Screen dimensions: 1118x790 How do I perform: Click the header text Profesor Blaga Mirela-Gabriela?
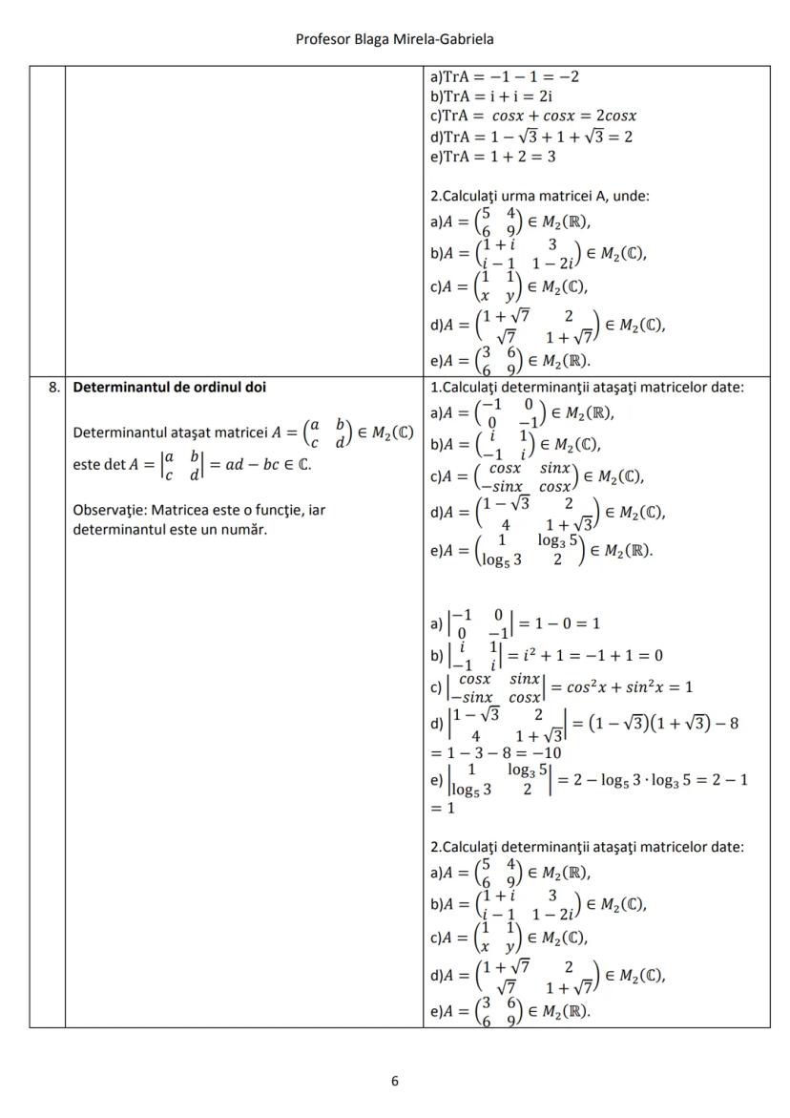point(394,39)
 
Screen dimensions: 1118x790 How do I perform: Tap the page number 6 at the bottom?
point(395,1081)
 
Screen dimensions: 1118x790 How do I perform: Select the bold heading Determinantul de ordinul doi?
point(170,388)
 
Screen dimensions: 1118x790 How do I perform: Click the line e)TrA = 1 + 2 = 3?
point(507,157)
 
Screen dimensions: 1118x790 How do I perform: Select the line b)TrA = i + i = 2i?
point(492,95)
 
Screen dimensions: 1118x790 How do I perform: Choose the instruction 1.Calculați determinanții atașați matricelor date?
point(587,387)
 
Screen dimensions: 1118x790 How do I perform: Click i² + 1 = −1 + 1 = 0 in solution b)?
point(585,655)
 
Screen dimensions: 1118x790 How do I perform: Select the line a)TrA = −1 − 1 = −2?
point(505,75)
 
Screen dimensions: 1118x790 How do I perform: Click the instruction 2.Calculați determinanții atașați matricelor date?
point(587,846)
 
